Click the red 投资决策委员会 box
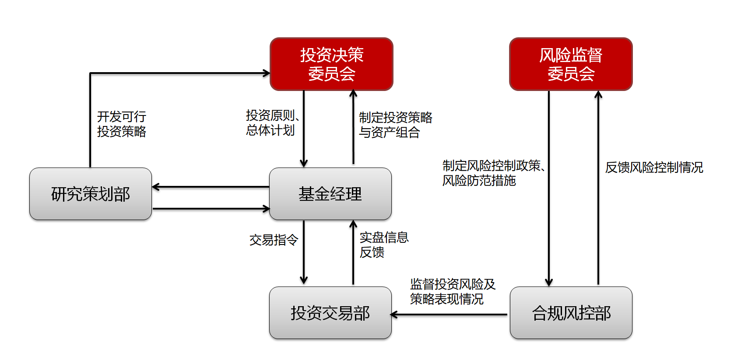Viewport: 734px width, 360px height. tap(331, 64)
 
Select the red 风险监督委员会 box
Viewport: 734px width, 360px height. tap(571, 64)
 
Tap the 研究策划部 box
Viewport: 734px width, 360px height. tap(91, 194)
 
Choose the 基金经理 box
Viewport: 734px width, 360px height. tap(330, 194)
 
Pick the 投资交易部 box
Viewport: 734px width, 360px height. tap(330, 313)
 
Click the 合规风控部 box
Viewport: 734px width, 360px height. tap(571, 313)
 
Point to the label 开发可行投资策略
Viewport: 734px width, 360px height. tap(122, 124)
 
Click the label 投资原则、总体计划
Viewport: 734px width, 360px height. tap(271, 122)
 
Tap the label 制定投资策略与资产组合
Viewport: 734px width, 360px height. tap(395, 125)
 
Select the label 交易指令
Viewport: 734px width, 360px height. tap(274, 240)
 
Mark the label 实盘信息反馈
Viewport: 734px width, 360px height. tap(384, 245)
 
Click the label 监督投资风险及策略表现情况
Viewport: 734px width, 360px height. tap(453, 291)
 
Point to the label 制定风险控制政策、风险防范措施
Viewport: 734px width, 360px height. tap(493, 173)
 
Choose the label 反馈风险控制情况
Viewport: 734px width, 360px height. tap(654, 167)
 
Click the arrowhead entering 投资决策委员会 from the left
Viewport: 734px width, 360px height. tap(267, 73)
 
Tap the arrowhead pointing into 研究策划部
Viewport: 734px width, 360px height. tap(155, 187)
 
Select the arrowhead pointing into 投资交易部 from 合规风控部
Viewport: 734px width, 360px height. tap(393, 315)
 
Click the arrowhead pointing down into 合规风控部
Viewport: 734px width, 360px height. tap(549, 283)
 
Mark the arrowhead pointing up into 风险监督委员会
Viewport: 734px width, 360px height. tap(598, 94)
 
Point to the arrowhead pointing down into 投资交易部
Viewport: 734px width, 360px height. tap(304, 280)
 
